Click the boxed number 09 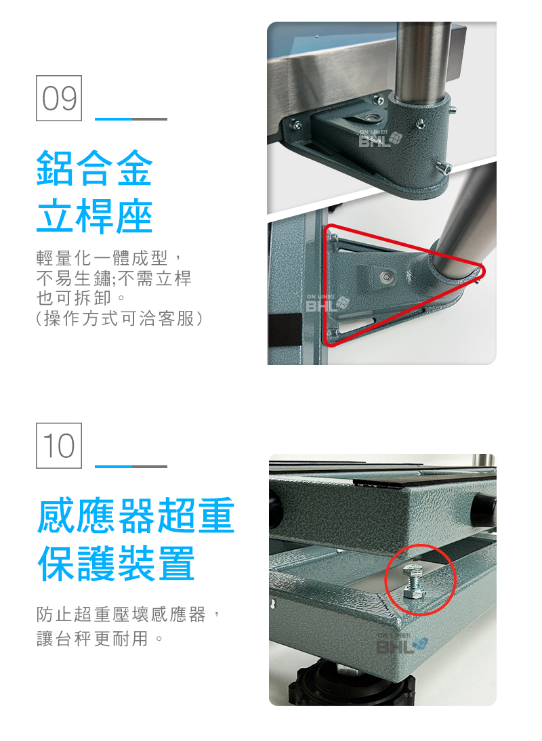(x=58, y=98)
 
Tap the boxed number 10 (x=58, y=446)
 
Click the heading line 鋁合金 (x=94, y=168)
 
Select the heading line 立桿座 (x=94, y=216)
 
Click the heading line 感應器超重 (x=135, y=515)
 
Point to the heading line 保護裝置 (x=116, y=563)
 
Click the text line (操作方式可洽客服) (x=119, y=318)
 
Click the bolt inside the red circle (x=413, y=581)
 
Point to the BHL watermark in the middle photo (x=327, y=303)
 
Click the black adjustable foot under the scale (x=352, y=685)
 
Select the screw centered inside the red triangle (x=387, y=275)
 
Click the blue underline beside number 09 (x=113, y=119)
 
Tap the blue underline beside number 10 (x=113, y=467)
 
